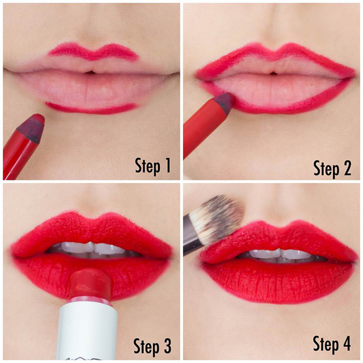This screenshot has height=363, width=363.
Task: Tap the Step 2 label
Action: (332, 168)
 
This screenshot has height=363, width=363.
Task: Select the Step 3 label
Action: (153, 347)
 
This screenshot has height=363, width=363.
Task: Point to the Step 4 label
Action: (332, 344)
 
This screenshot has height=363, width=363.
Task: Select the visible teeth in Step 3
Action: (93, 247)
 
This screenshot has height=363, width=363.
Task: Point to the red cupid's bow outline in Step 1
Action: (93, 51)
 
